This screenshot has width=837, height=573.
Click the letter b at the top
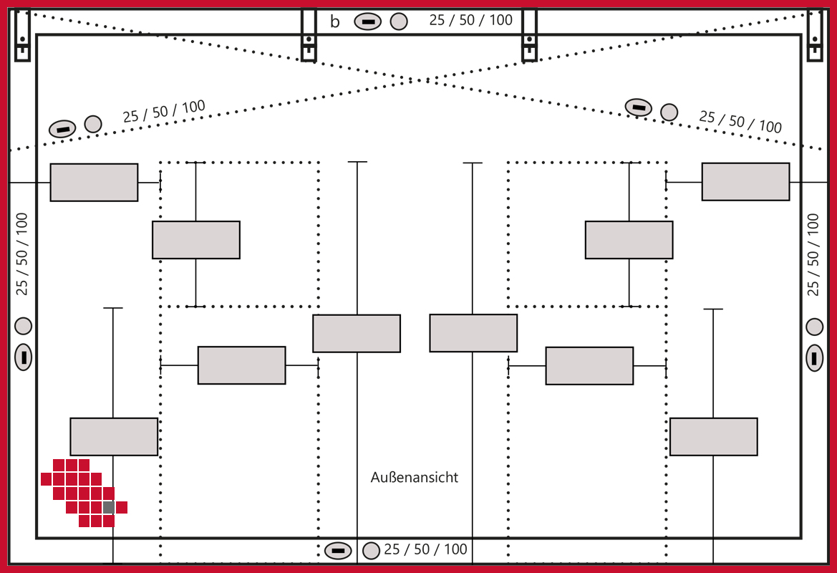[x=334, y=22]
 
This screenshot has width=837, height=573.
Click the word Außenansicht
[x=415, y=477]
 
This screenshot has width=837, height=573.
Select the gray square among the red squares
[x=109, y=507]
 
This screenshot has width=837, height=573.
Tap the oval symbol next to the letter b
[x=367, y=22]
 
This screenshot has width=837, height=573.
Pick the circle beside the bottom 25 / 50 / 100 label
[x=371, y=551]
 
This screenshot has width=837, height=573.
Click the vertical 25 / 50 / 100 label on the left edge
[x=22, y=254]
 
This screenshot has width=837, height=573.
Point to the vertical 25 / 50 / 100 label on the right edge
[x=813, y=254]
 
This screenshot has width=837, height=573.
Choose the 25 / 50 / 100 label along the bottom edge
[x=425, y=549]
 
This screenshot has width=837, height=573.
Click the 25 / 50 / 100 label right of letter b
[x=470, y=20]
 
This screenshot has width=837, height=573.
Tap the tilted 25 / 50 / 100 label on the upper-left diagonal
[x=164, y=111]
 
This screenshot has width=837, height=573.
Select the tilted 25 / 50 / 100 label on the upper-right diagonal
[x=740, y=122]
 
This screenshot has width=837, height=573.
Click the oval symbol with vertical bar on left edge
[x=24, y=357]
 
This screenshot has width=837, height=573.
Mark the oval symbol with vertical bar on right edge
[x=815, y=357]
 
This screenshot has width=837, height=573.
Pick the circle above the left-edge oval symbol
[x=24, y=326]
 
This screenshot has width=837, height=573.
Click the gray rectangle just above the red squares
[x=114, y=436]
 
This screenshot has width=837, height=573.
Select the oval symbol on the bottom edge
[x=338, y=551]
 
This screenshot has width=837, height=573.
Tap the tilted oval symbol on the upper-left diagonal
[x=62, y=129]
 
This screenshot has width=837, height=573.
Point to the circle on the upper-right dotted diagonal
[x=669, y=112]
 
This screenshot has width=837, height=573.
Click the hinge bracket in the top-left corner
[x=22, y=35]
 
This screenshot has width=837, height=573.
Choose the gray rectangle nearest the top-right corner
[x=745, y=182]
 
